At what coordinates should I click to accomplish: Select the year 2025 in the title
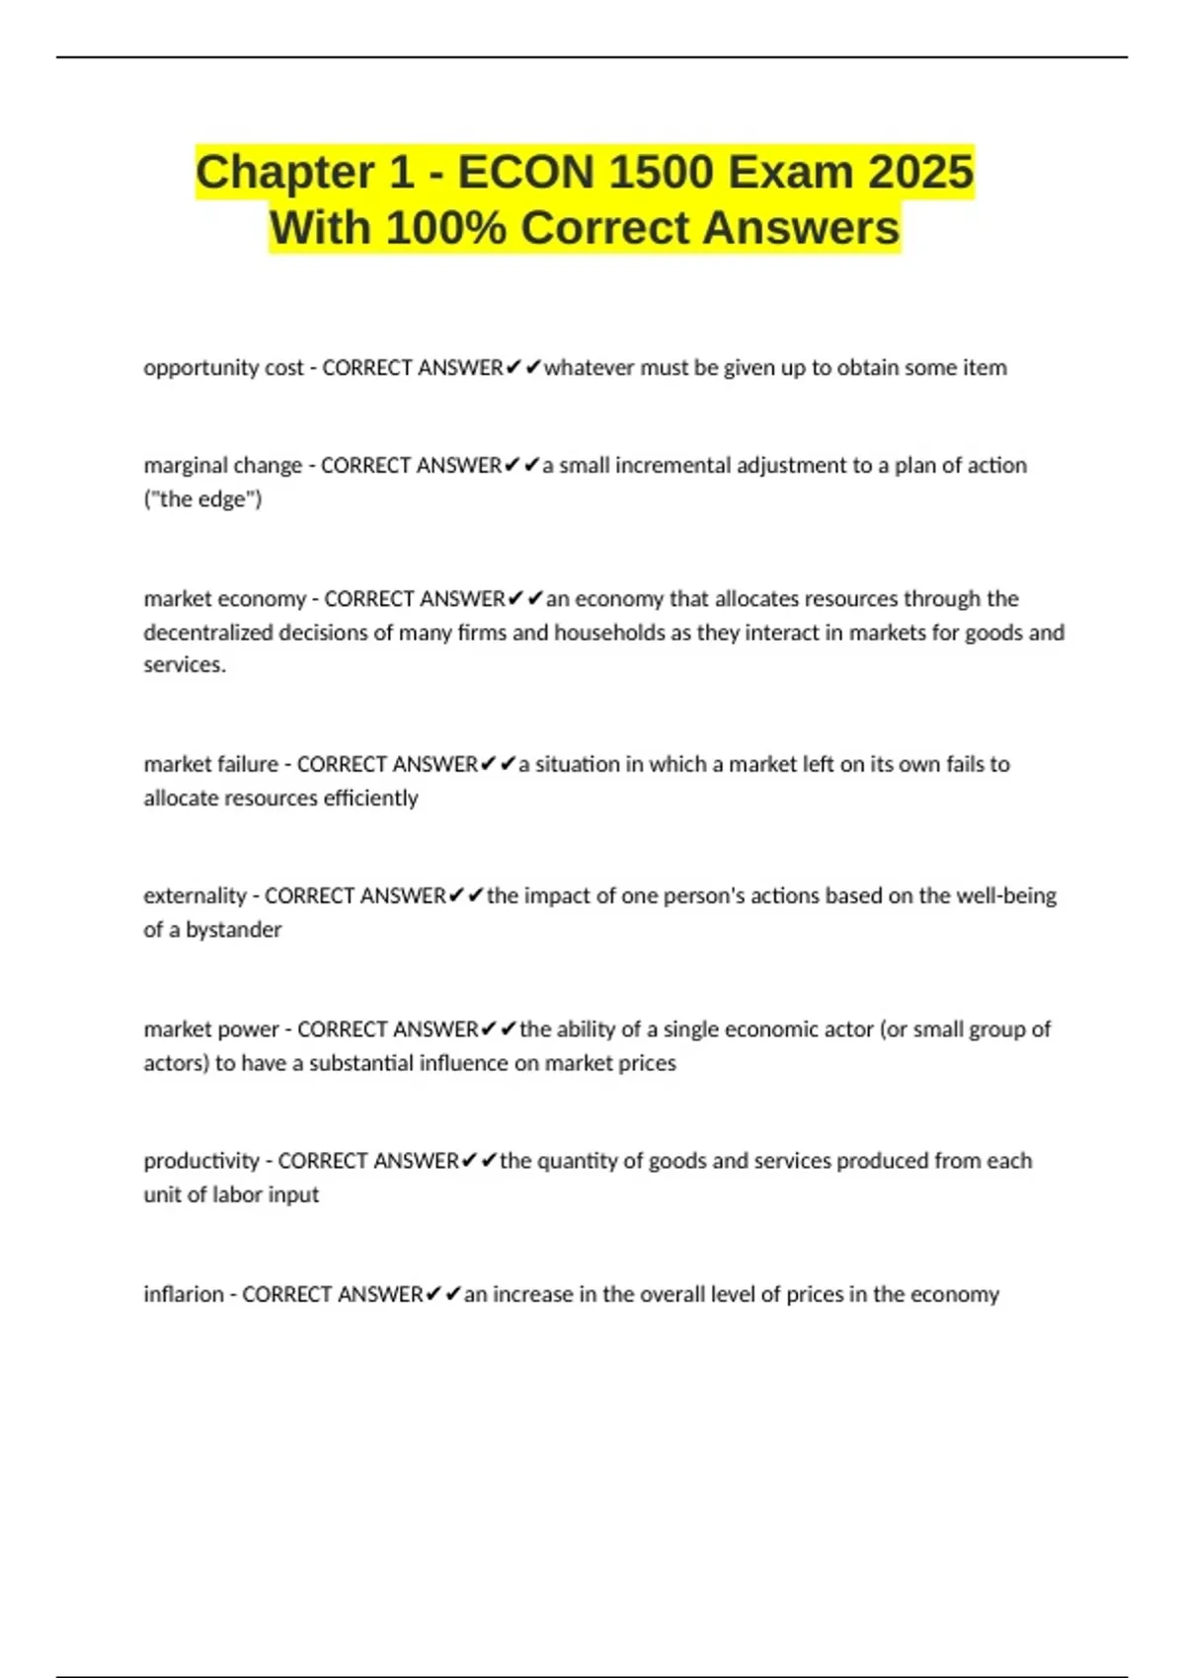[x=920, y=173]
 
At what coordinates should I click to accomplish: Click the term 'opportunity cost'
[x=223, y=368]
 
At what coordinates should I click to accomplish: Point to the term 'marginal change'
[x=222, y=466]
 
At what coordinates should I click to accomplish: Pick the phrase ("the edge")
[x=202, y=499]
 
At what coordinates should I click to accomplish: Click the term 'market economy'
[x=224, y=599]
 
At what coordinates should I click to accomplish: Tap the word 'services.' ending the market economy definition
[x=185, y=665]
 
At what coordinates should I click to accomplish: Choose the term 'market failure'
[x=210, y=764]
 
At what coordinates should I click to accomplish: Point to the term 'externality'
[x=195, y=896]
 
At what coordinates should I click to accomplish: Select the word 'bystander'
[x=234, y=930]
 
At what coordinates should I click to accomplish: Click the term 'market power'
[x=210, y=1030]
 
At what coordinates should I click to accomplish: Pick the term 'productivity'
[x=201, y=1161]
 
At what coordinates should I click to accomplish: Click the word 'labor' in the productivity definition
[x=241, y=1194]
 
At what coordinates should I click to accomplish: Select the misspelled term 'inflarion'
[x=184, y=1294]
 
